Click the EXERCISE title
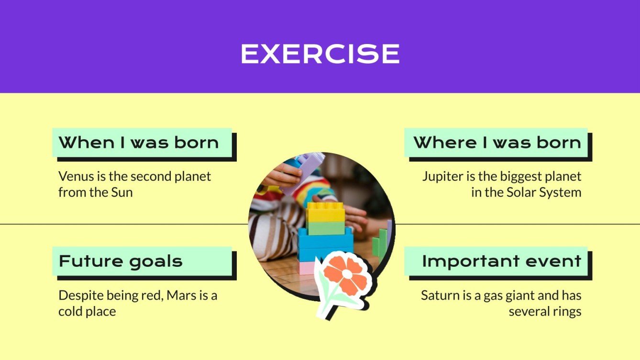pos(320,54)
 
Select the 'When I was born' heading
pos(139,142)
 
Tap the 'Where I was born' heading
pos(497,142)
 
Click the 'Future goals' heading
pos(121,262)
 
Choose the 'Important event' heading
pos(501,262)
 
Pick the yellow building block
pos(325,212)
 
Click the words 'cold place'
pos(87,312)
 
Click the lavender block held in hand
pos(306,167)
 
